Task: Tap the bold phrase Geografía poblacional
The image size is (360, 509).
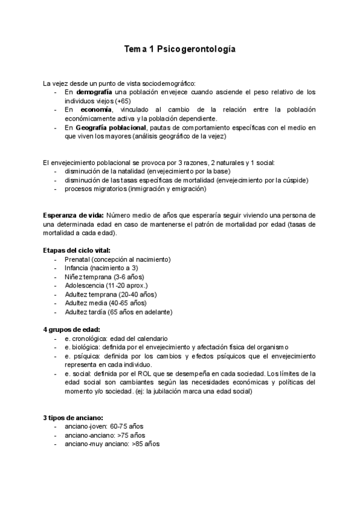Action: point(111,128)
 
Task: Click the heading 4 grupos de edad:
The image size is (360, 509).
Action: point(71,330)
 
